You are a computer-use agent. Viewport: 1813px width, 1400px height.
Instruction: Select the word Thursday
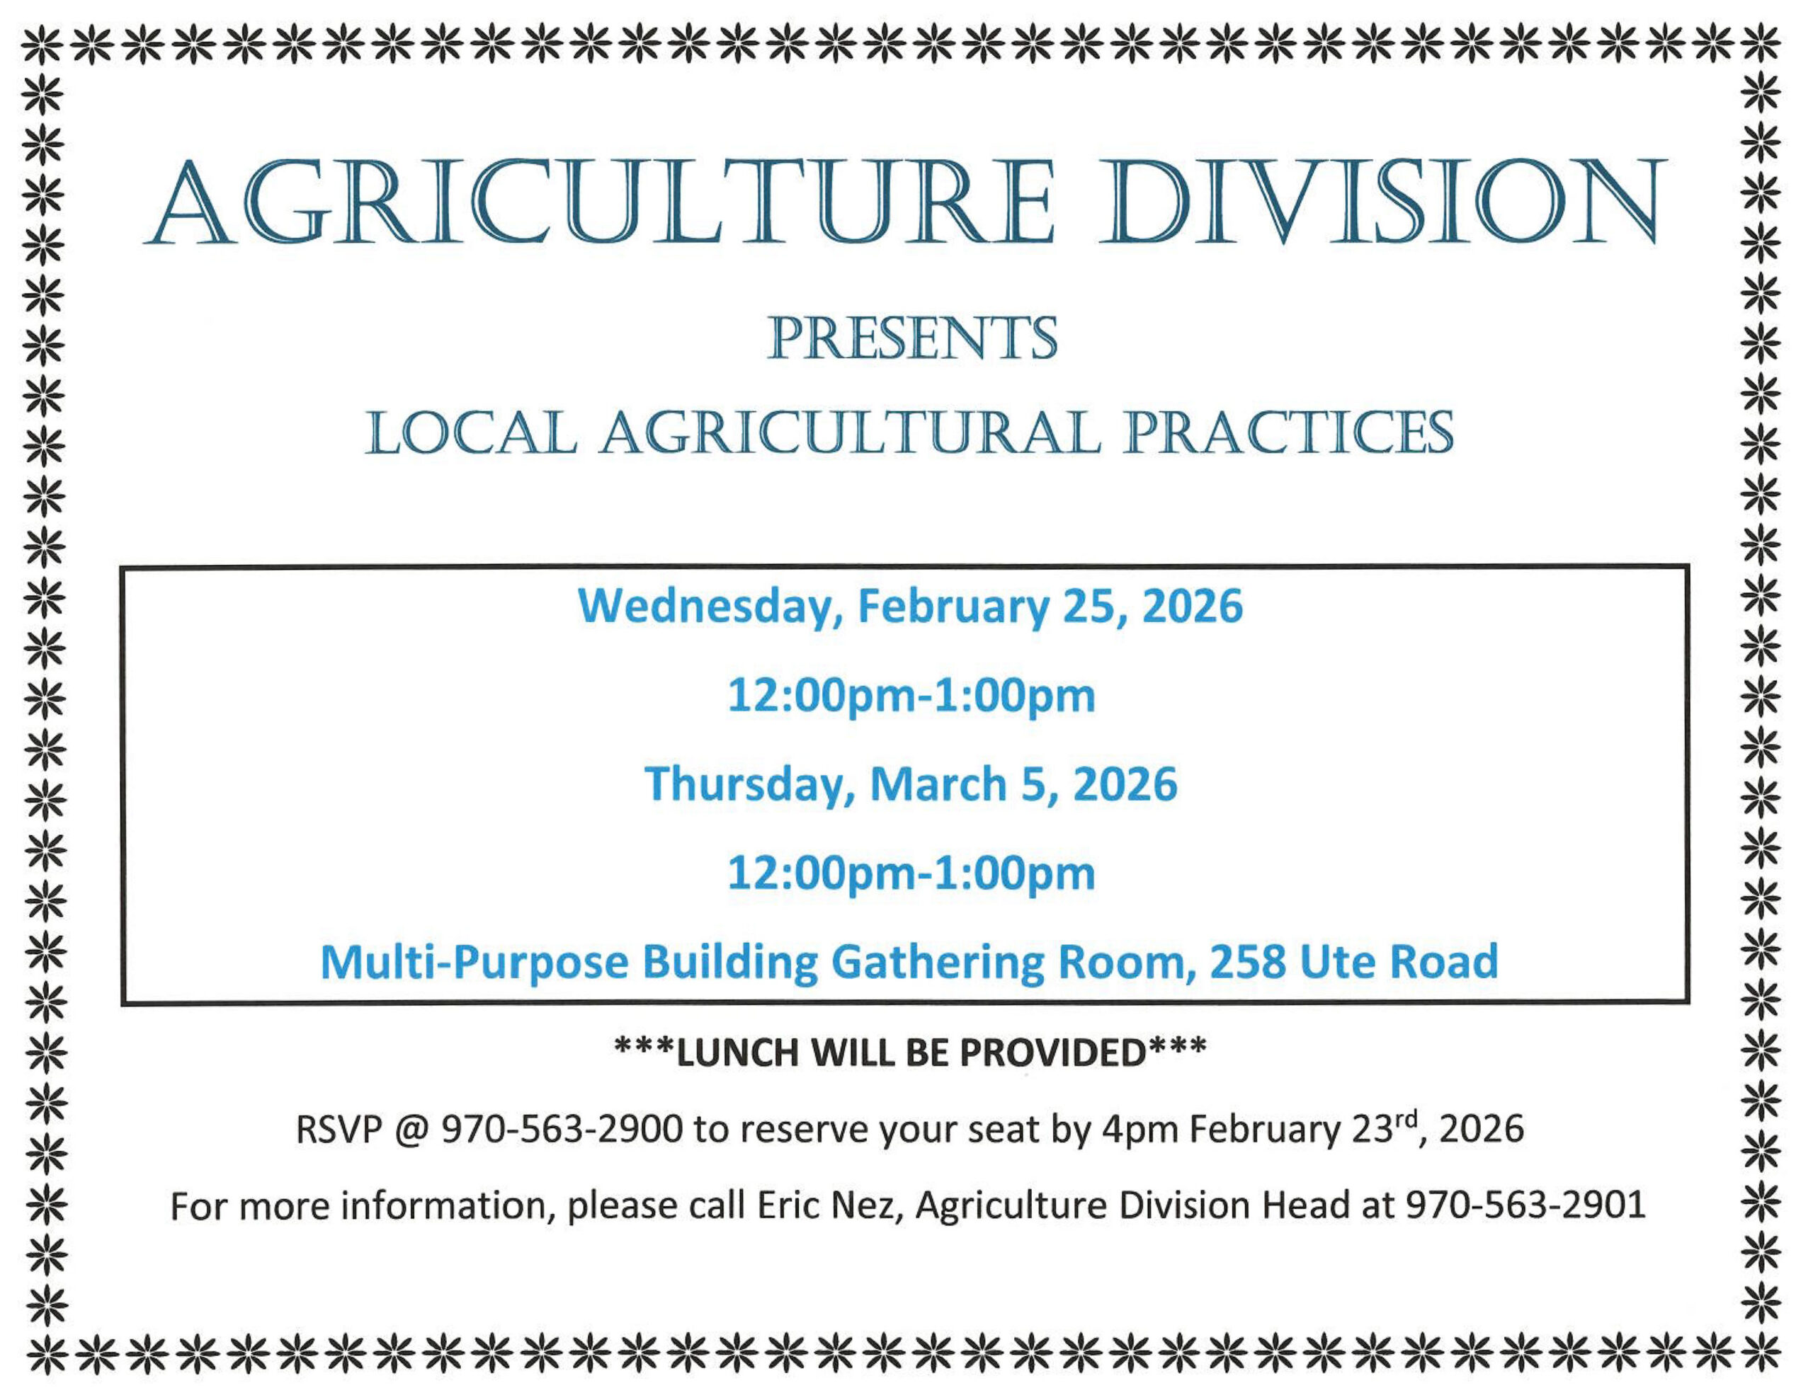click(749, 784)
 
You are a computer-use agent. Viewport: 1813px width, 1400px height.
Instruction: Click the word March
click(938, 784)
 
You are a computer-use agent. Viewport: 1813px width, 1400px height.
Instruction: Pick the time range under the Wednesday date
click(911, 696)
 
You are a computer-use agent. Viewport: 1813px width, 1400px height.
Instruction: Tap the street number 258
click(1248, 962)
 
